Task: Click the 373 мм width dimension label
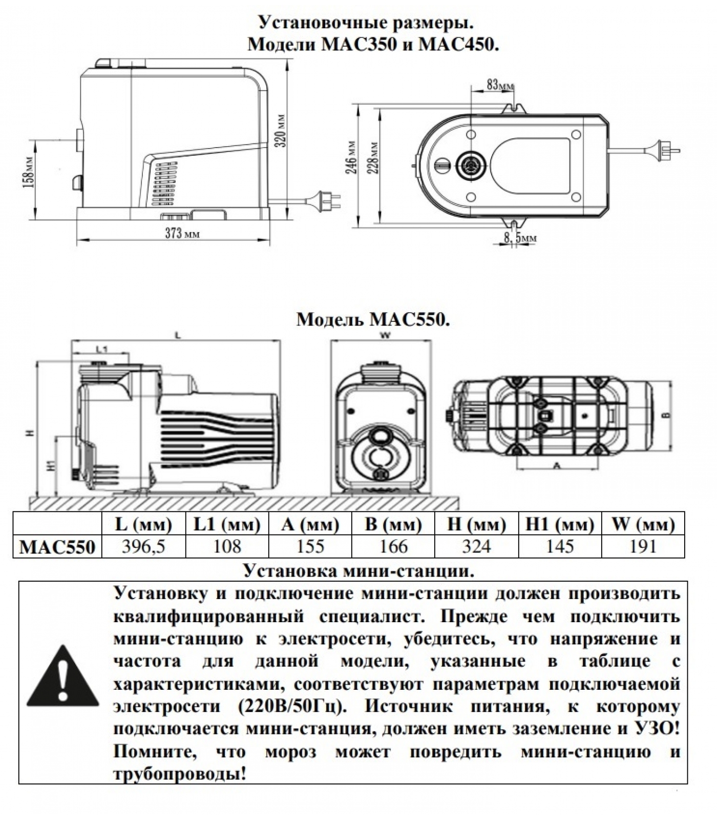pyautogui.click(x=182, y=233)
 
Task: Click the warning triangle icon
pyautogui.click(x=63, y=675)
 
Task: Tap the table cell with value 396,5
pyautogui.click(x=144, y=546)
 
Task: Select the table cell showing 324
pyautogui.click(x=476, y=546)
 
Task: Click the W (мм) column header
pyautogui.click(x=643, y=524)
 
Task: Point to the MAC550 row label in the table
pyautogui.click(x=57, y=547)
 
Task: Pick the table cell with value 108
pyautogui.click(x=227, y=546)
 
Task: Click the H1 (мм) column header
pyautogui.click(x=560, y=524)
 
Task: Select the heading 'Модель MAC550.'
pyautogui.click(x=373, y=320)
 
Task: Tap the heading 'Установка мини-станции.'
pyautogui.click(x=358, y=571)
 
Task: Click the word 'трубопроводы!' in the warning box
pyautogui.click(x=180, y=774)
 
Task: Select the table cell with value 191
pyautogui.click(x=643, y=546)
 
